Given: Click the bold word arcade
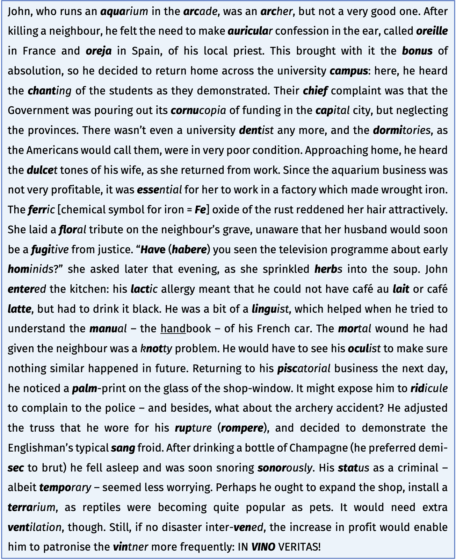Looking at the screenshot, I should [x=200, y=12].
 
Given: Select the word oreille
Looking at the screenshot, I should [x=432, y=31].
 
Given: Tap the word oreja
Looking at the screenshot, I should [x=99, y=51].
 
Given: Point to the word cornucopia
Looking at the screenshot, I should [x=198, y=111].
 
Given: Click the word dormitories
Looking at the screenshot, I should [x=401, y=130].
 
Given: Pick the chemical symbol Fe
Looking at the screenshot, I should [x=200, y=210].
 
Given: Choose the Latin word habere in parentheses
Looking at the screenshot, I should [x=189, y=250].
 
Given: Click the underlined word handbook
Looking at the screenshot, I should [x=186, y=329].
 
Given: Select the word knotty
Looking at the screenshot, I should [x=156, y=349].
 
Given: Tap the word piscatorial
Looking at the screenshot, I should [x=304, y=369].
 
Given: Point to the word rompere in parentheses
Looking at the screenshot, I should [x=242, y=428].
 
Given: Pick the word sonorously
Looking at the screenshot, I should [x=284, y=468].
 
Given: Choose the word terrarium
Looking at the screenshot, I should [x=31, y=508].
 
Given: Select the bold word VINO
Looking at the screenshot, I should [x=263, y=547].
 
